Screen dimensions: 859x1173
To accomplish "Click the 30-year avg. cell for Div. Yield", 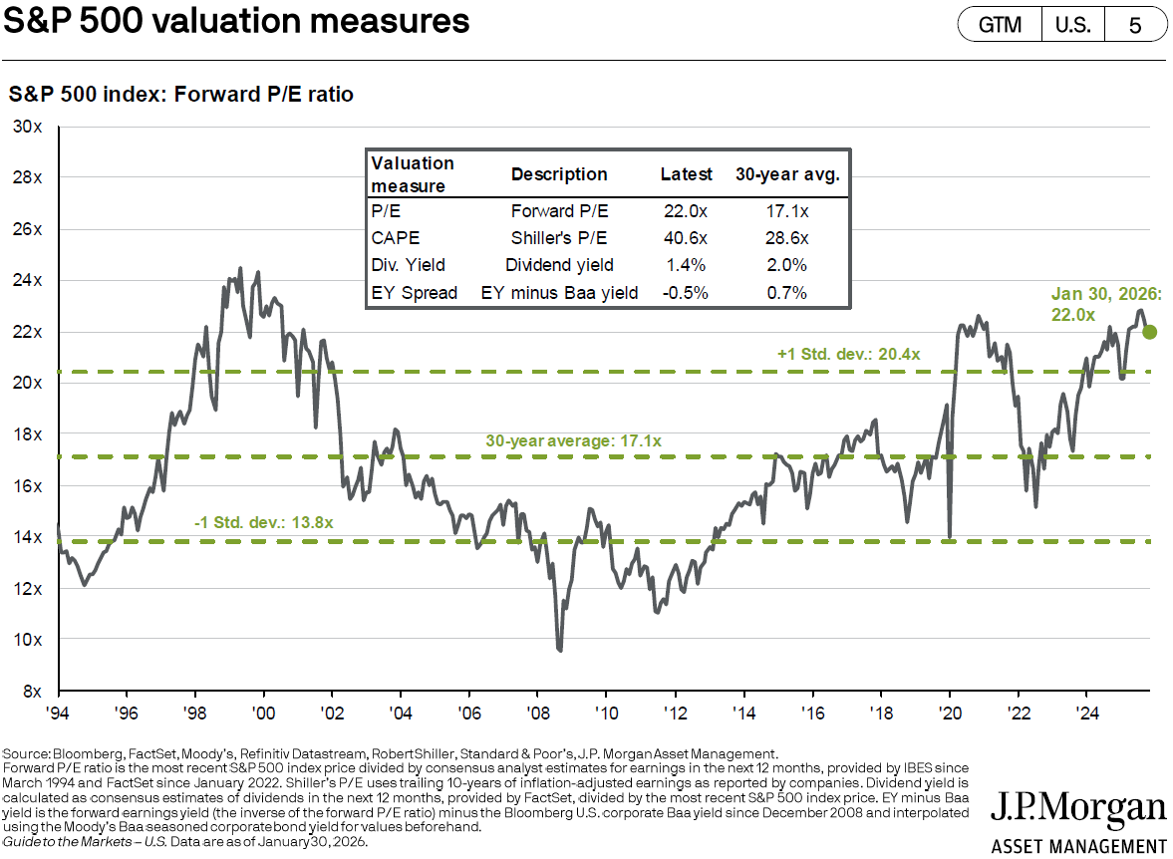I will click(x=787, y=265).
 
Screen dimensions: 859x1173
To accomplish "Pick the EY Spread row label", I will click(x=414, y=292).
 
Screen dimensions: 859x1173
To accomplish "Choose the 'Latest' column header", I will click(x=687, y=174).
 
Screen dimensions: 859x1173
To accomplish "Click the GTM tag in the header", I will click(x=1000, y=24).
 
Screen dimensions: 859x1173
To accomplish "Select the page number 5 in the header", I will click(x=1135, y=24).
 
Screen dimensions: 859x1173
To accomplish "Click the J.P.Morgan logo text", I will click(x=1078, y=809).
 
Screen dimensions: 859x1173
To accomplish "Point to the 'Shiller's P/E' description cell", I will click(x=559, y=239).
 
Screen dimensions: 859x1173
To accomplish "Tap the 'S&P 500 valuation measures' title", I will click(x=236, y=21).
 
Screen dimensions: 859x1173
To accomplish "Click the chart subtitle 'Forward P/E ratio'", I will click(x=264, y=95).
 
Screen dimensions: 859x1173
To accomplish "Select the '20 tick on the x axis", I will click(x=951, y=714).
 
